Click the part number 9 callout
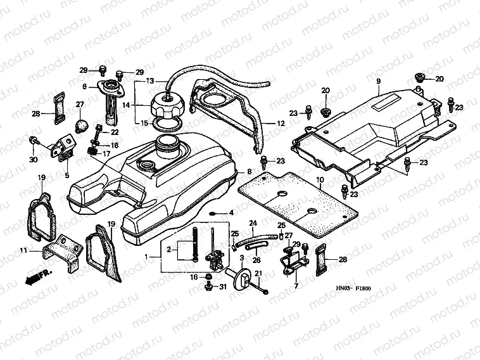click(377, 81)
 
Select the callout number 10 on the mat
click(320, 180)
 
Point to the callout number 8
click(249, 172)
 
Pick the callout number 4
click(232, 212)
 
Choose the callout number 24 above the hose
click(252, 223)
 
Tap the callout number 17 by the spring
click(115, 153)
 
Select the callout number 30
click(33, 159)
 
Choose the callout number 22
click(115, 132)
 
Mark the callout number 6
click(84, 86)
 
